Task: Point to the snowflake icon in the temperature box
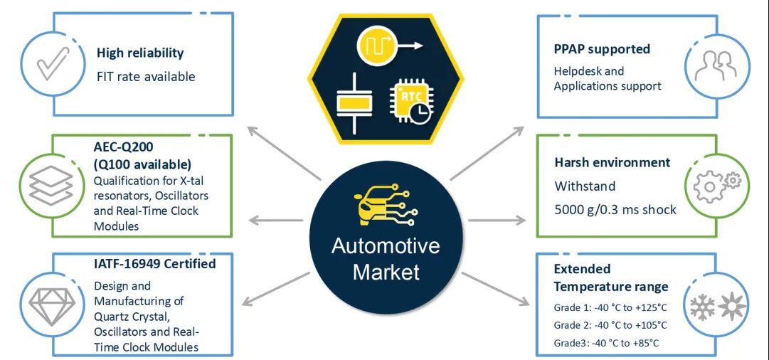(702, 307)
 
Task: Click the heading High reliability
(140, 53)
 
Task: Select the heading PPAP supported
(602, 49)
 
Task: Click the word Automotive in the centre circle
(386, 247)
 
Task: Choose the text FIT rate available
(146, 75)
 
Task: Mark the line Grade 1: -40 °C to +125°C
(610, 307)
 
